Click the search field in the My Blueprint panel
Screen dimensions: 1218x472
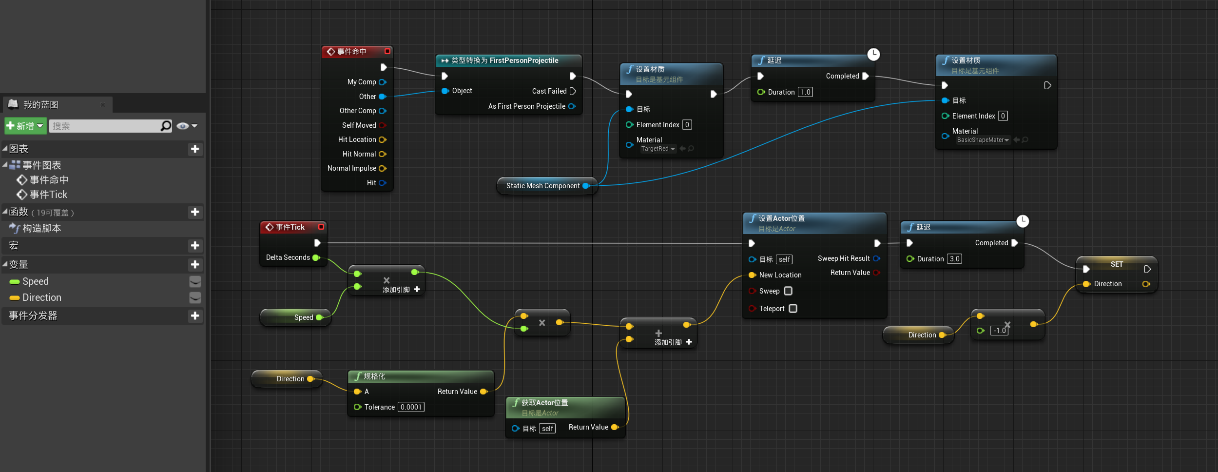[x=105, y=126]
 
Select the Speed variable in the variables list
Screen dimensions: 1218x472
[x=35, y=281]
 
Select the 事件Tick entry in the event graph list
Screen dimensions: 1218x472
[x=48, y=195]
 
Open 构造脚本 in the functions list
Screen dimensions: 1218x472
[x=41, y=228]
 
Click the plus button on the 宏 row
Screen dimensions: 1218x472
[x=195, y=245]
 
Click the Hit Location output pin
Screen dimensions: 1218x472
[x=382, y=140]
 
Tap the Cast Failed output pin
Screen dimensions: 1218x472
[x=573, y=91]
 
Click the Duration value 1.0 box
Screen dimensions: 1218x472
[x=805, y=92]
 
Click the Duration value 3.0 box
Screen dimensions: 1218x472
[x=954, y=259]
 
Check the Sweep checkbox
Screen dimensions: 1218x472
[x=788, y=291]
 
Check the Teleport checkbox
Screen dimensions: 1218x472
[x=793, y=309]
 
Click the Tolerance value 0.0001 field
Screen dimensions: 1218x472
[x=411, y=407]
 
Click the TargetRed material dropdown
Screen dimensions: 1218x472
[x=658, y=149]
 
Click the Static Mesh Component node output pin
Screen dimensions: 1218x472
[x=586, y=186]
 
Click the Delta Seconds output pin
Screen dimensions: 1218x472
[x=316, y=257]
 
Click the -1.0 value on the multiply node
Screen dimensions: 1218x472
[x=999, y=331]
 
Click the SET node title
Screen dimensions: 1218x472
[x=1117, y=264]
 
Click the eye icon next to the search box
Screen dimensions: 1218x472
[x=183, y=126]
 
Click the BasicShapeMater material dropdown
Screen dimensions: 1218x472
[x=983, y=140]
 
